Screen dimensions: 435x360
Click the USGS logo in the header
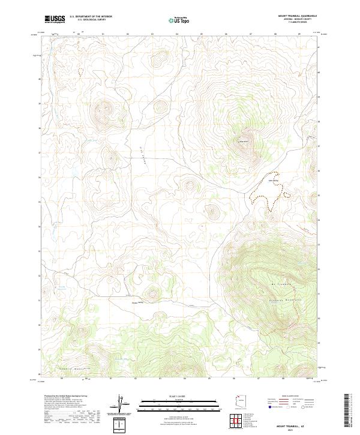pos(55,19)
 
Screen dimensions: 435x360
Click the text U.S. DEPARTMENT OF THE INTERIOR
pos(91,17)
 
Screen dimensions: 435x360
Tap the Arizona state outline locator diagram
pos(240,403)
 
